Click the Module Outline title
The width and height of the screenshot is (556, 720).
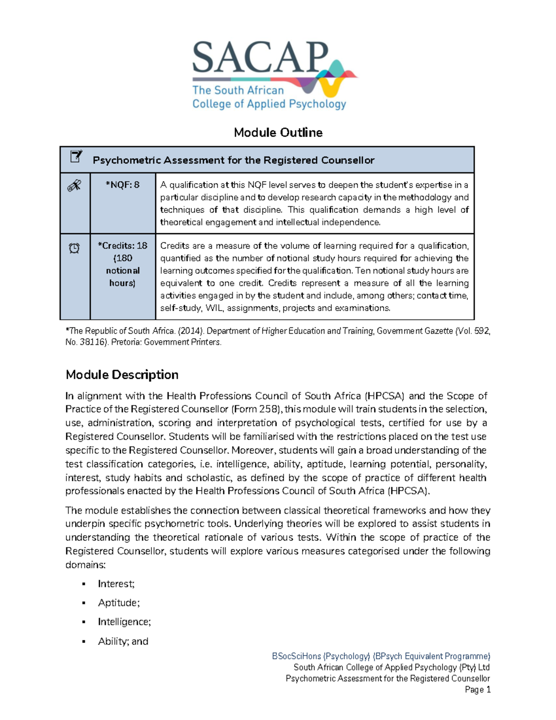point(278,133)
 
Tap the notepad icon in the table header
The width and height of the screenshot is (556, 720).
point(76,157)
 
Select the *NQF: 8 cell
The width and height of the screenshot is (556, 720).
point(122,185)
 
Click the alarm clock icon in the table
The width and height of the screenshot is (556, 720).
point(74,248)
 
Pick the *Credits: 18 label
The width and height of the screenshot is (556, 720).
point(123,246)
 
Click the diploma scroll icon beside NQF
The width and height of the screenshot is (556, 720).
point(74,186)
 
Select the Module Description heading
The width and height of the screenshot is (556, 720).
point(122,375)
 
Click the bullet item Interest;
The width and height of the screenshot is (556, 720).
point(116,584)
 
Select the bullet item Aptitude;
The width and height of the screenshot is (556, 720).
point(119,603)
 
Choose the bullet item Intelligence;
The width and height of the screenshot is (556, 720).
point(124,622)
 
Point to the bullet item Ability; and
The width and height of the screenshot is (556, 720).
point(123,641)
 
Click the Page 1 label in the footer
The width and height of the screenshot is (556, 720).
point(477,690)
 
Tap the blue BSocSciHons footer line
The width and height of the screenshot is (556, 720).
point(381,656)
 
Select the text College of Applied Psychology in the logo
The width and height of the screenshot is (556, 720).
point(269,104)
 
